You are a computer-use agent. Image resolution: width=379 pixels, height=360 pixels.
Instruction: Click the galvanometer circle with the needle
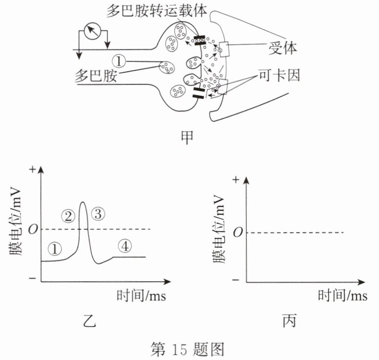coord(92,32)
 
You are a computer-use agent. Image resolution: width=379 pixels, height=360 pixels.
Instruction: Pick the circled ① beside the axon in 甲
coord(119,61)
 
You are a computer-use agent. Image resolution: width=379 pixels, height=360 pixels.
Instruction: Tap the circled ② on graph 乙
coord(69,216)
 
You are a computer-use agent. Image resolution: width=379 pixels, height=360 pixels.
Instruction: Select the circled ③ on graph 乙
coord(98,213)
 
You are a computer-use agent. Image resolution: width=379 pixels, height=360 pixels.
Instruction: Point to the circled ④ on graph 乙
coord(124,247)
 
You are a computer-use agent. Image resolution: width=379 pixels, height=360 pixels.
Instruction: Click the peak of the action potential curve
coord(83,202)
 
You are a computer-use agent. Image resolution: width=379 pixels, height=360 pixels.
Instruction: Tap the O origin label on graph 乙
coord(32,229)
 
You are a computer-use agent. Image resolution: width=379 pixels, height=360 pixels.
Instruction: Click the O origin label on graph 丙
coord(236,233)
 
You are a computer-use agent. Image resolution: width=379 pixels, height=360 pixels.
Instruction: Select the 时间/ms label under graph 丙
coord(342,295)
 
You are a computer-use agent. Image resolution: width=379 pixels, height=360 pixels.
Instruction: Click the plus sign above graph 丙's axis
coord(236,180)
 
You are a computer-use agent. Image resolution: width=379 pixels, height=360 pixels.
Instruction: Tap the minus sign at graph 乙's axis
coord(32,279)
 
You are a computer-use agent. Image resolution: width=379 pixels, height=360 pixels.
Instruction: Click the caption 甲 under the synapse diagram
coord(185,136)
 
